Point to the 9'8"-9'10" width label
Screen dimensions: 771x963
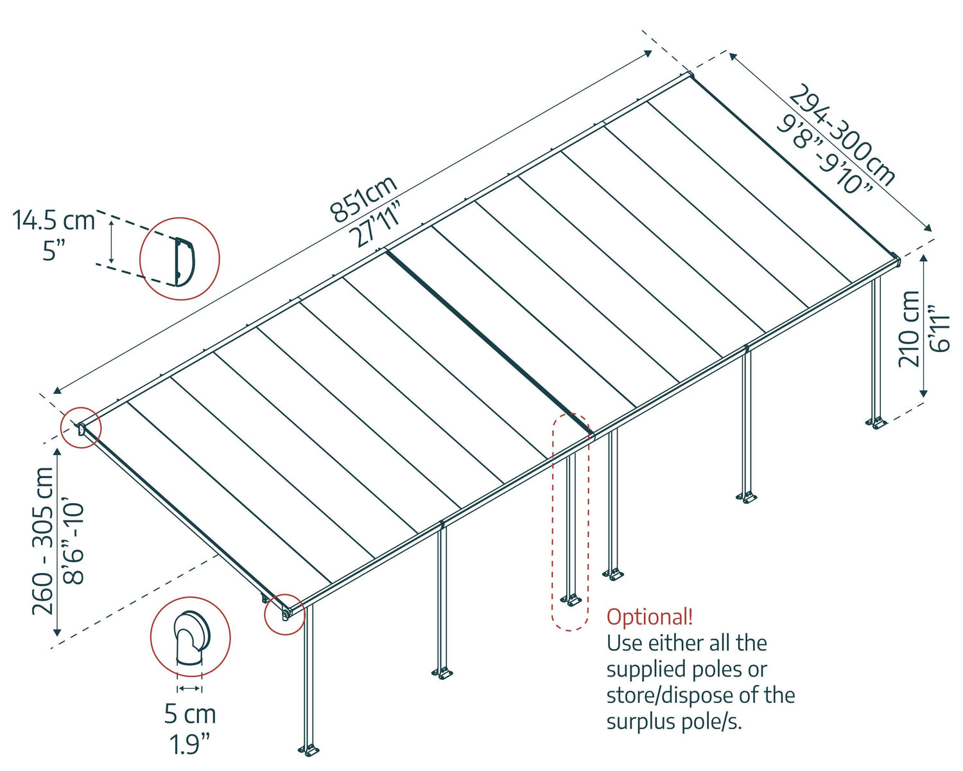pos(826,154)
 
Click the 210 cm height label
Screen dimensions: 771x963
pos(910,329)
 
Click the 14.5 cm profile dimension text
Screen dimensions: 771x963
pos(54,220)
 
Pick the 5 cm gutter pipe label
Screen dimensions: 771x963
pos(190,714)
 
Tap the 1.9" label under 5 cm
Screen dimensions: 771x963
pos(190,744)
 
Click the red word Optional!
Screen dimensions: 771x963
pos(650,617)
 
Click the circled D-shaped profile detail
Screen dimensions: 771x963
pos(180,259)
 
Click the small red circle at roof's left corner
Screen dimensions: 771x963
pos(81,427)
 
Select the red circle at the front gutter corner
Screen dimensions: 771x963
pos(284,614)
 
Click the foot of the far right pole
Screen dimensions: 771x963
pos(877,423)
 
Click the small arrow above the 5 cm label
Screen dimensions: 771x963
pos(189,688)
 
